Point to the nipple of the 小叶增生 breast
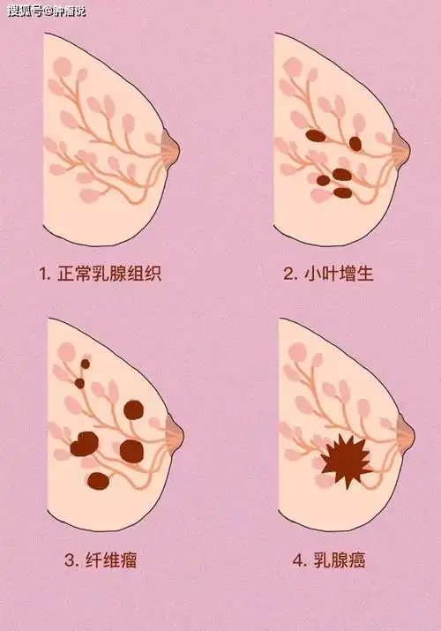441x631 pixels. pos(404,147)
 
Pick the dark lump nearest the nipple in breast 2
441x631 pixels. pos(355,143)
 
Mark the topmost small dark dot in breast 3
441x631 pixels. pos(86,363)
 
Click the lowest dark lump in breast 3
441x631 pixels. pos(99,481)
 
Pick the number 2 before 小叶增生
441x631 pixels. pos(289,274)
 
